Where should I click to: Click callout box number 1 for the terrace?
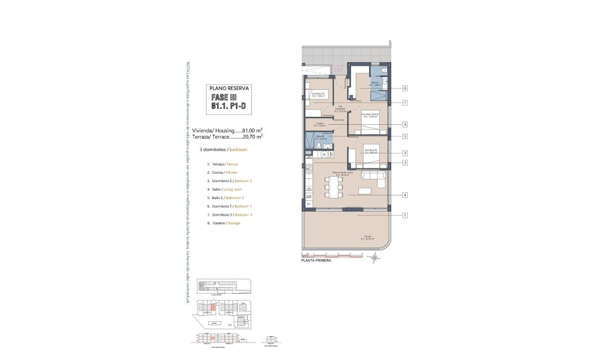pos(405,215)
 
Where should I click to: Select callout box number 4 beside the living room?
pos(405,195)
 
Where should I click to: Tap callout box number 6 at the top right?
pos(405,88)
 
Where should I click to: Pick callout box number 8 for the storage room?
pos(405,124)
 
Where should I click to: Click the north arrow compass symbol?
pos(375,258)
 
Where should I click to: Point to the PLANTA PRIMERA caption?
pos(316,261)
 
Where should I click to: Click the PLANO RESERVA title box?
pos(229,99)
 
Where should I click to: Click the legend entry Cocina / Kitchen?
pos(222,173)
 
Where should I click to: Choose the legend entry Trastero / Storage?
pos(224,223)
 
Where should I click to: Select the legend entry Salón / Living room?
pos(224,190)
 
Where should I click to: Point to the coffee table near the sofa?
pos(365,191)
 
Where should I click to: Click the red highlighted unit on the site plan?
pos(213,306)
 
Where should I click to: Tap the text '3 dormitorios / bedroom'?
pos(224,150)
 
